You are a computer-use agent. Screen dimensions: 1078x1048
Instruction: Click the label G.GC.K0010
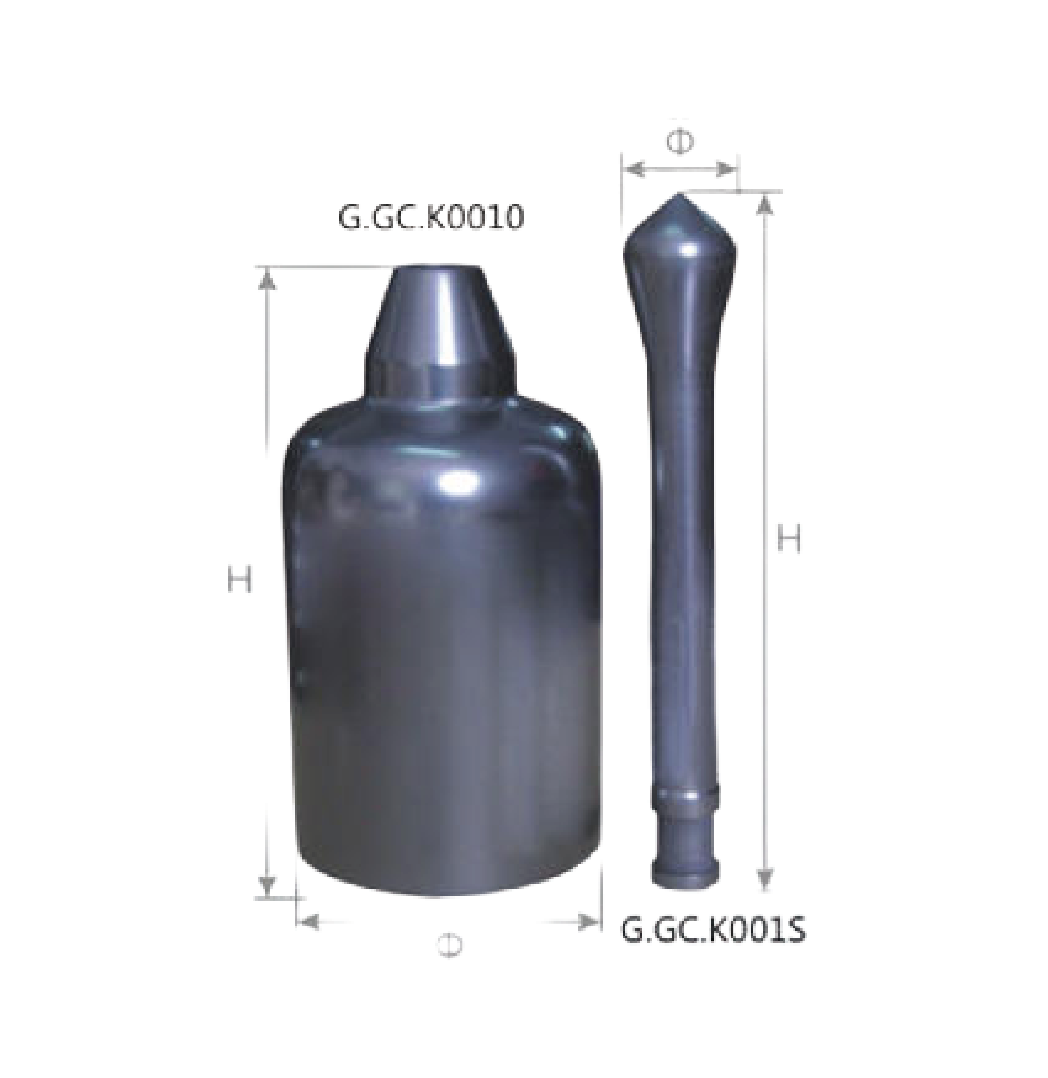pos(430,218)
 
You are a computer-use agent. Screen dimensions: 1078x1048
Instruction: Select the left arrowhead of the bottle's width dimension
pos(309,922)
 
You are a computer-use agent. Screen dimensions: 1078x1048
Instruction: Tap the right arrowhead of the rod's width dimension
pos(725,170)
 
